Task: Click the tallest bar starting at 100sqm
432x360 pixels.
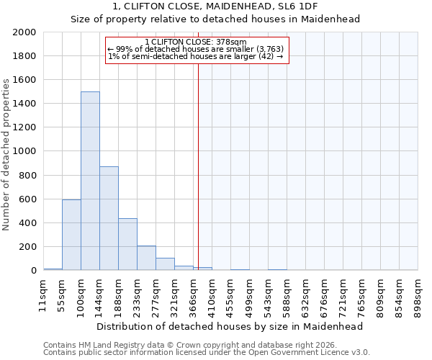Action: pos(90,181)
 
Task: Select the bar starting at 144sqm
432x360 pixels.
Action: pos(109,218)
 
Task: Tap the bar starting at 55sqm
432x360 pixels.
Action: pos(71,235)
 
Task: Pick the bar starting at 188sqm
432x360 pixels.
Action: pos(127,244)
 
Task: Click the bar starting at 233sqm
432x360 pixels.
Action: pos(146,258)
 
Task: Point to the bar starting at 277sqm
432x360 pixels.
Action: pos(165,264)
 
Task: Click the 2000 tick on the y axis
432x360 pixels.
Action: pos(25,32)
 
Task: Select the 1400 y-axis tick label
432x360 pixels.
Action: pos(25,104)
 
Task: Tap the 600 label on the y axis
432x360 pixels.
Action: pos(28,199)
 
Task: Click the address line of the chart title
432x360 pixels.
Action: pos(215,6)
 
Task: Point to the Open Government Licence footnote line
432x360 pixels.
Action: pos(207,353)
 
